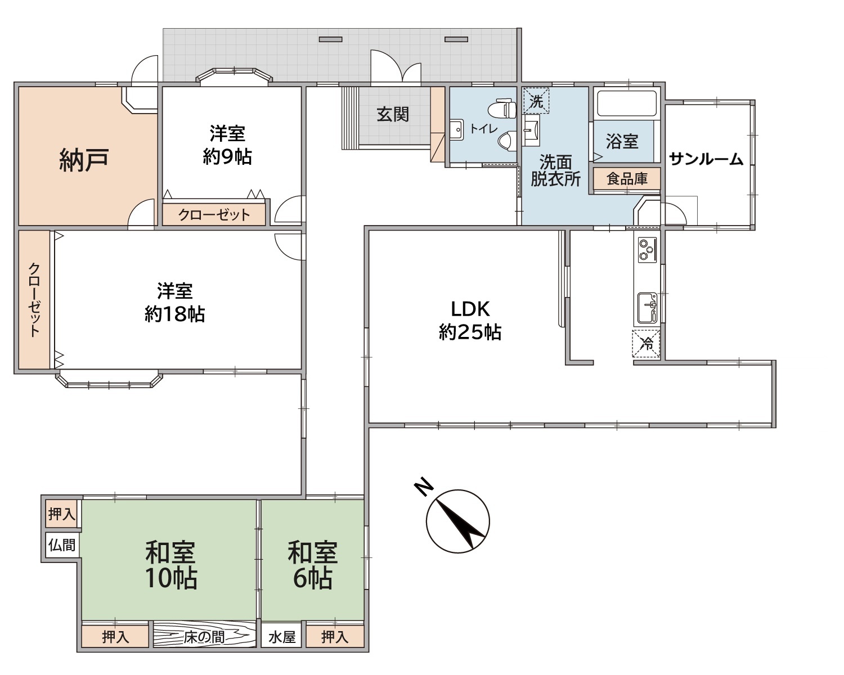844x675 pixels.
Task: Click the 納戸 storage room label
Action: click(x=83, y=160)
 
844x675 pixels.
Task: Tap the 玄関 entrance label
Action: click(x=393, y=115)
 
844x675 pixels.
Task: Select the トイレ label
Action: click(x=483, y=128)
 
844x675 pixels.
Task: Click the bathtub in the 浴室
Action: click(x=625, y=103)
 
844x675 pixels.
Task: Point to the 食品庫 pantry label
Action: click(x=627, y=179)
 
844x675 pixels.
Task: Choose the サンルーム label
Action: click(x=706, y=159)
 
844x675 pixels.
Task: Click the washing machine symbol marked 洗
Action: click(x=536, y=101)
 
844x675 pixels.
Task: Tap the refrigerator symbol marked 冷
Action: click(x=646, y=344)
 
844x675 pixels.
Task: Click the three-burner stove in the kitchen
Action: click(x=647, y=250)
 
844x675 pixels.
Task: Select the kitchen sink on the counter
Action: click(x=647, y=308)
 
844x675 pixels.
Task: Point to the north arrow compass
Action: click(x=457, y=521)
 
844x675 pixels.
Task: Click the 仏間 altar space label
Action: click(x=61, y=545)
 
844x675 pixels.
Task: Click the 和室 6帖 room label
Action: click(x=313, y=565)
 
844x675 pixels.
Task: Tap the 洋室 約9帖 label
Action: click(x=227, y=145)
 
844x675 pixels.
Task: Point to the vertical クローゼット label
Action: click(x=34, y=300)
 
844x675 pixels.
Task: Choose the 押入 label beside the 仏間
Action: click(x=61, y=514)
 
